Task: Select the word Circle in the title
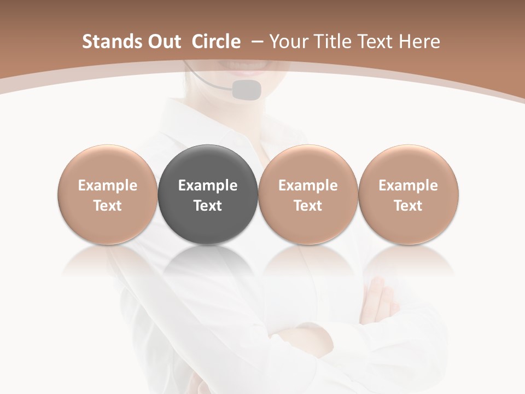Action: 216,42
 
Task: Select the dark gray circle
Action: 208,194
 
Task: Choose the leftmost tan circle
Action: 108,194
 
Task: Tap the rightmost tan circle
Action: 409,194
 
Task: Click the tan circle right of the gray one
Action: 308,194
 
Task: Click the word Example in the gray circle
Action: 208,186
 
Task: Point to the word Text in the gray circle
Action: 208,206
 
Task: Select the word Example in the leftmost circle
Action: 108,186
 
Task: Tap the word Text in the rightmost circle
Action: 409,206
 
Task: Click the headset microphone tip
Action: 246,89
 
